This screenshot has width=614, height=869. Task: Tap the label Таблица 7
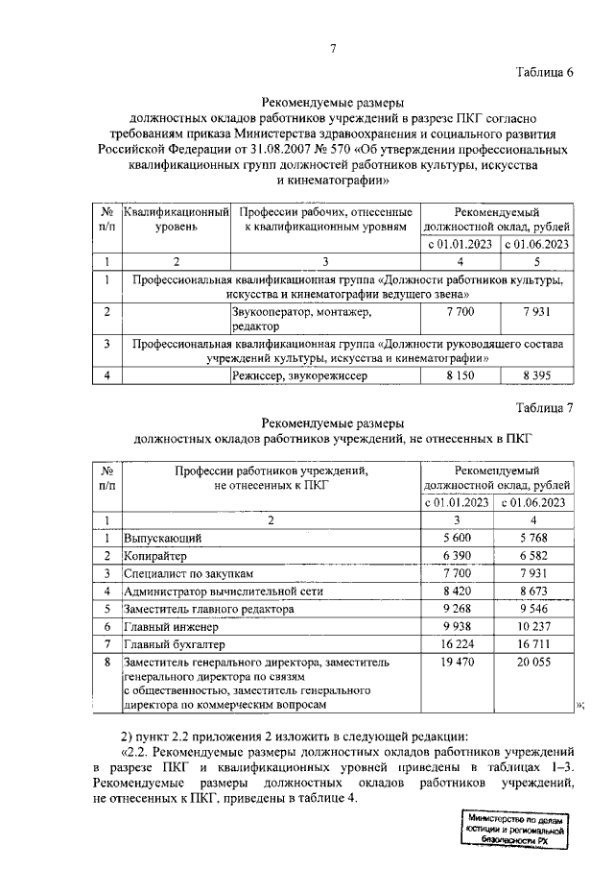pyautogui.click(x=541, y=407)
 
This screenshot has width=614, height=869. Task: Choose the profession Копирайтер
pyautogui.click(x=155, y=556)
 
